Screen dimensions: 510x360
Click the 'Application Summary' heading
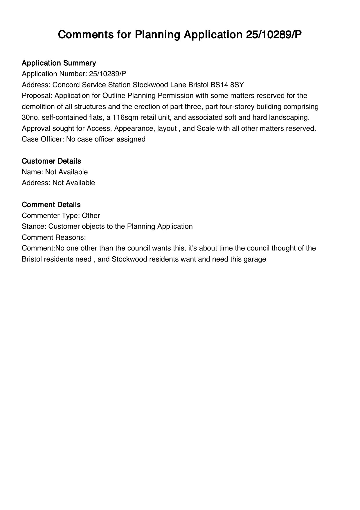click(x=59, y=63)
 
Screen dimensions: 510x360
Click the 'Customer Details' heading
click(x=51, y=161)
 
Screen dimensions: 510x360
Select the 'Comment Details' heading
click(x=51, y=205)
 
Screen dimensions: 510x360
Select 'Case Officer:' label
click(x=43, y=139)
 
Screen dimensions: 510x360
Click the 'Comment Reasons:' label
click(x=54, y=237)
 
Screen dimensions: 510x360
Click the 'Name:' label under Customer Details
click(x=33, y=172)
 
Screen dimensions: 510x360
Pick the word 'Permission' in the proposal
click(x=175, y=96)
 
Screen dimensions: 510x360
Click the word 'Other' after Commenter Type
click(x=91, y=216)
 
